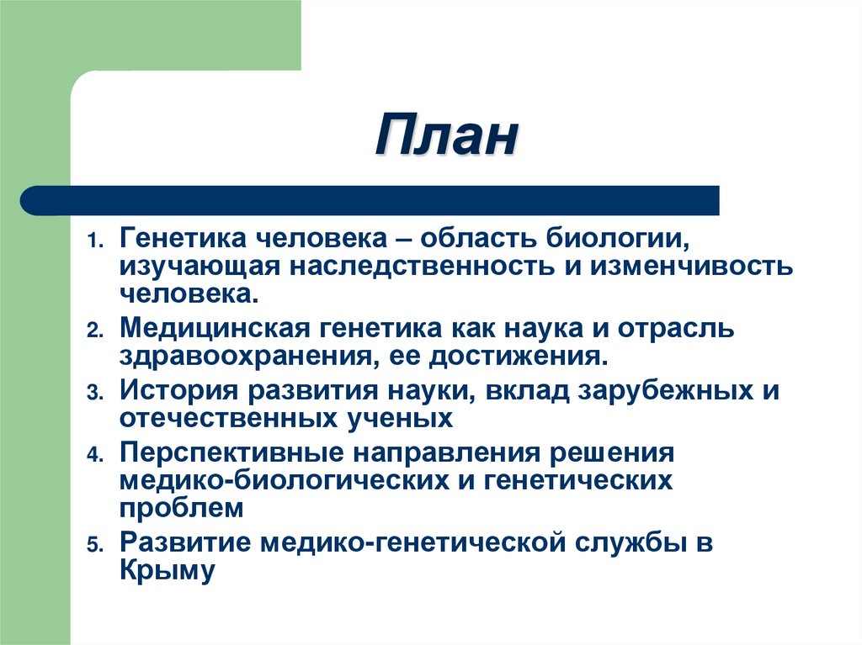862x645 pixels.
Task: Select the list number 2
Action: click(x=93, y=330)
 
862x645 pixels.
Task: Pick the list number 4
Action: click(x=93, y=455)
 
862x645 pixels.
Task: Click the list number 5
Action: click(x=93, y=545)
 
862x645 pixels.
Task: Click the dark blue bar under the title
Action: click(x=370, y=201)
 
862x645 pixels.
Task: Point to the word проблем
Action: click(x=182, y=509)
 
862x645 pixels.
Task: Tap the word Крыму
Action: click(x=168, y=572)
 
